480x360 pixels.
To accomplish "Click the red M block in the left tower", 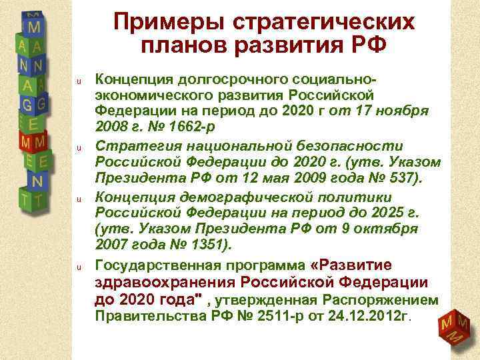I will pyautogui.click(x=30, y=143).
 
